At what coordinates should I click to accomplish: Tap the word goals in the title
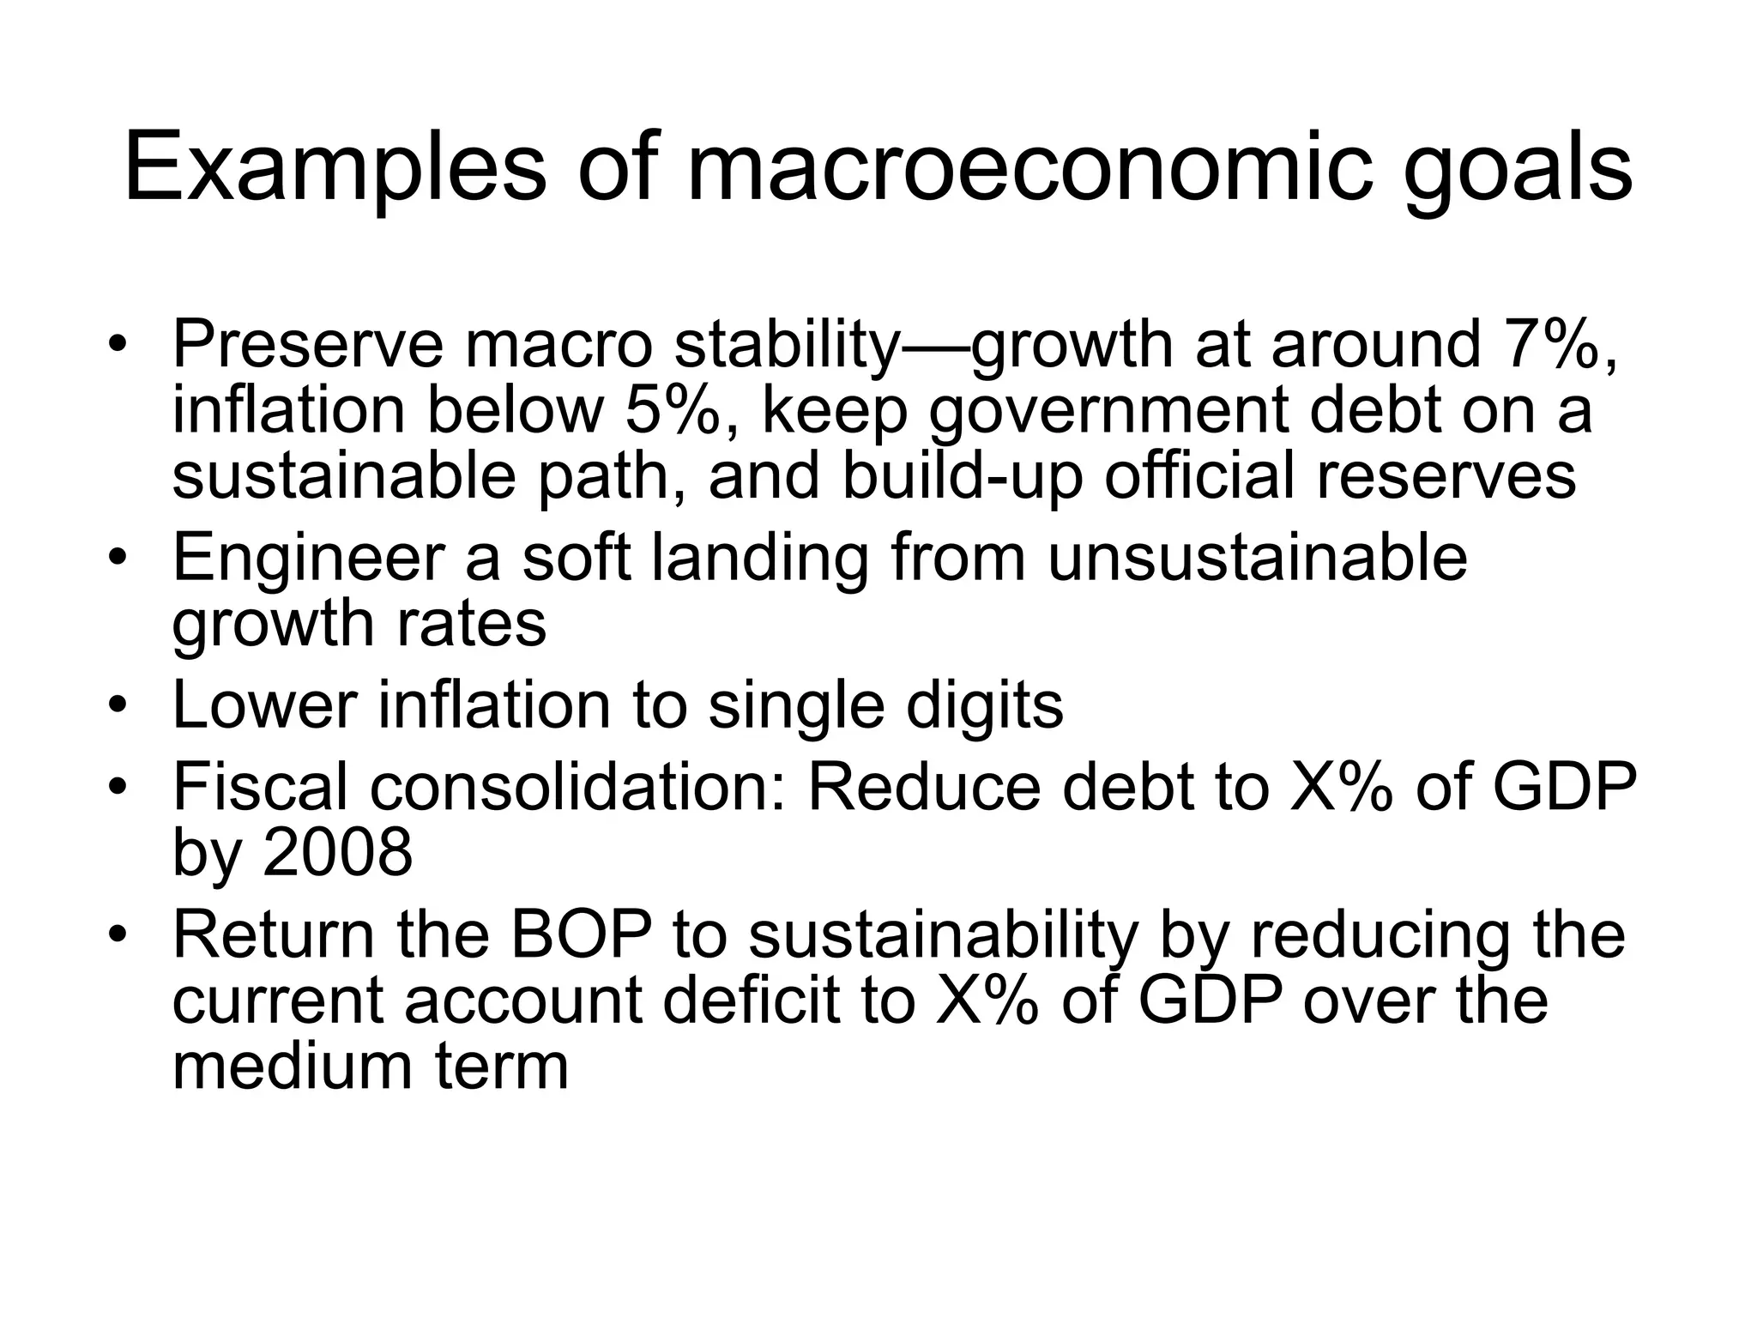pyautogui.click(x=1518, y=168)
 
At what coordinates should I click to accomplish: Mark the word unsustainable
pyautogui.click(x=1258, y=558)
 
